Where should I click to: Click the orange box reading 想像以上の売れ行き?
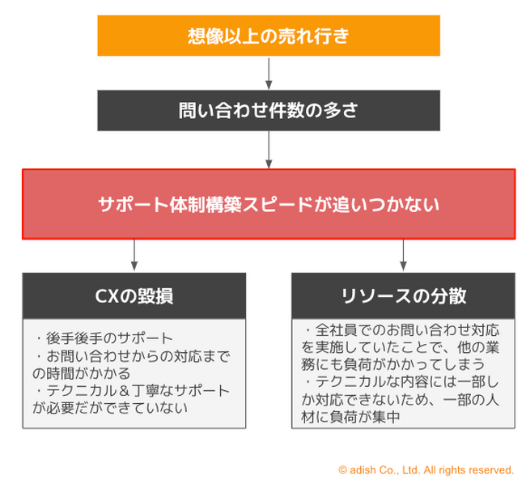pyautogui.click(x=269, y=36)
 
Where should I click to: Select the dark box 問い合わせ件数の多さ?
pyautogui.click(x=269, y=110)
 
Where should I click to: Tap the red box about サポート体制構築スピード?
pyautogui.click(x=269, y=204)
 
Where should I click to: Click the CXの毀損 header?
pyautogui.click(x=134, y=295)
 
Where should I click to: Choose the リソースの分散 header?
pyautogui.click(x=403, y=295)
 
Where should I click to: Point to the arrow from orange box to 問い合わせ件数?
pyautogui.click(x=269, y=73)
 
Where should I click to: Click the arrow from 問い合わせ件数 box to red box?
pyautogui.click(x=269, y=150)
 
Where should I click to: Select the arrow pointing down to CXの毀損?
pyautogui.click(x=134, y=255)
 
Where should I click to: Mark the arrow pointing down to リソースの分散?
pyautogui.click(x=403, y=255)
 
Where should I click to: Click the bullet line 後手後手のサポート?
pyautogui.click(x=104, y=338)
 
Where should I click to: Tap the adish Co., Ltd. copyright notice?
pyautogui.click(x=426, y=470)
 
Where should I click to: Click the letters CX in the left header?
pyautogui.click(x=107, y=296)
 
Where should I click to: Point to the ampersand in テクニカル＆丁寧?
pyautogui.click(x=124, y=391)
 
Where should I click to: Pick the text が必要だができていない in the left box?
pyautogui.click(x=110, y=408)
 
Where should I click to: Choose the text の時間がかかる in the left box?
pyautogui.click(x=82, y=373)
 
